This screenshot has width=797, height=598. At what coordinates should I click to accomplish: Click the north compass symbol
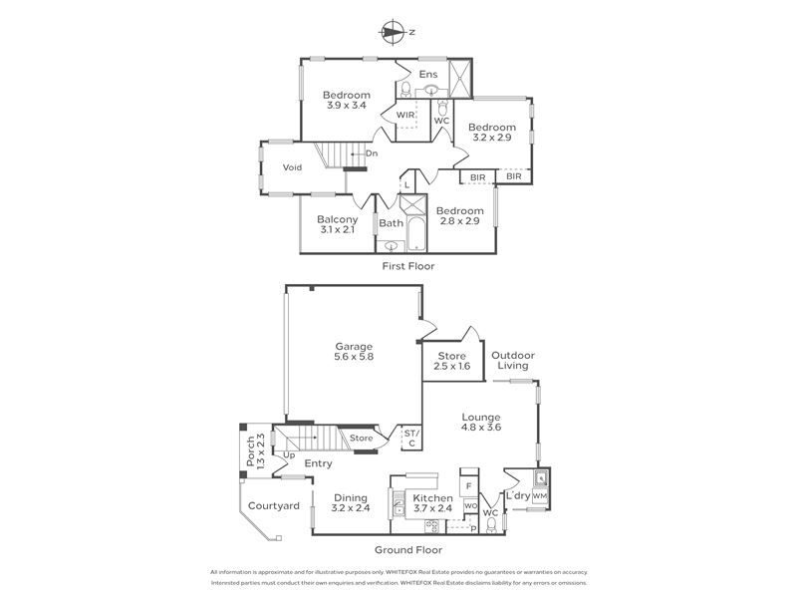point(392,32)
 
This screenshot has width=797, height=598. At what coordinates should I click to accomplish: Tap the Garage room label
point(354,352)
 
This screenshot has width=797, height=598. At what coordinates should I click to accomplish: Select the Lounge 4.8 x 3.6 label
point(481,422)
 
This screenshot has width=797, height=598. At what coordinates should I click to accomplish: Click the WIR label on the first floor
point(405,115)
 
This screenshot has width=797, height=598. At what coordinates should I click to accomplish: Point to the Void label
point(292,167)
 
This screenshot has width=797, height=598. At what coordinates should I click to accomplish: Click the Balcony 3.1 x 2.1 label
point(338,224)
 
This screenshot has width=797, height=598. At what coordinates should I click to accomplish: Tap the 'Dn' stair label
point(372,153)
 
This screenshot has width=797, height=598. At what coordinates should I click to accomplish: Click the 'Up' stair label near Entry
point(289,455)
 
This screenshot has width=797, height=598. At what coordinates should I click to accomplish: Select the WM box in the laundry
point(539,495)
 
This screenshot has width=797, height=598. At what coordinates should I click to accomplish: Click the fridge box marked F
point(469,486)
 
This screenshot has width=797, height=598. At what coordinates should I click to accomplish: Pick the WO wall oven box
point(470,506)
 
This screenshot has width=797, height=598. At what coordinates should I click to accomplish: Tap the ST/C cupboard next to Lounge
point(411,439)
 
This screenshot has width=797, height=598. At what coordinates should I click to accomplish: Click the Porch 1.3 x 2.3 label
point(256,451)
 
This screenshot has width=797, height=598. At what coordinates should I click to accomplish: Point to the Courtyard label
point(273,506)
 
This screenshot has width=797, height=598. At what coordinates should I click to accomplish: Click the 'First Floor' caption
point(408,266)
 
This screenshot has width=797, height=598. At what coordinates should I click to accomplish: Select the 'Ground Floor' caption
point(408,550)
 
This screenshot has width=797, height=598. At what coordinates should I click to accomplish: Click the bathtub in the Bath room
point(416,234)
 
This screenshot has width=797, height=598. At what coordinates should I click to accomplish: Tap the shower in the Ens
point(460,79)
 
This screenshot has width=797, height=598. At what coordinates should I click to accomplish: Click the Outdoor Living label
point(513,360)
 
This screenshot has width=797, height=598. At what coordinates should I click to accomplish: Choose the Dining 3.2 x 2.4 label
point(351,502)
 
